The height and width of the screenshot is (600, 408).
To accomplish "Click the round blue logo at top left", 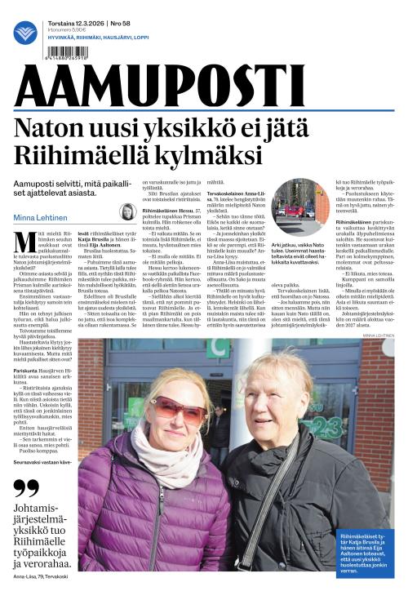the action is click(25, 32).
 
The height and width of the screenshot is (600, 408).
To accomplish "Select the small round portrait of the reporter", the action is click(127, 211).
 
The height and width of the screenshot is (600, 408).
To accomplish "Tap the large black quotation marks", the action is click(27, 488).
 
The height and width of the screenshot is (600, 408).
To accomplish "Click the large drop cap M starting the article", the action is click(22, 240).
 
